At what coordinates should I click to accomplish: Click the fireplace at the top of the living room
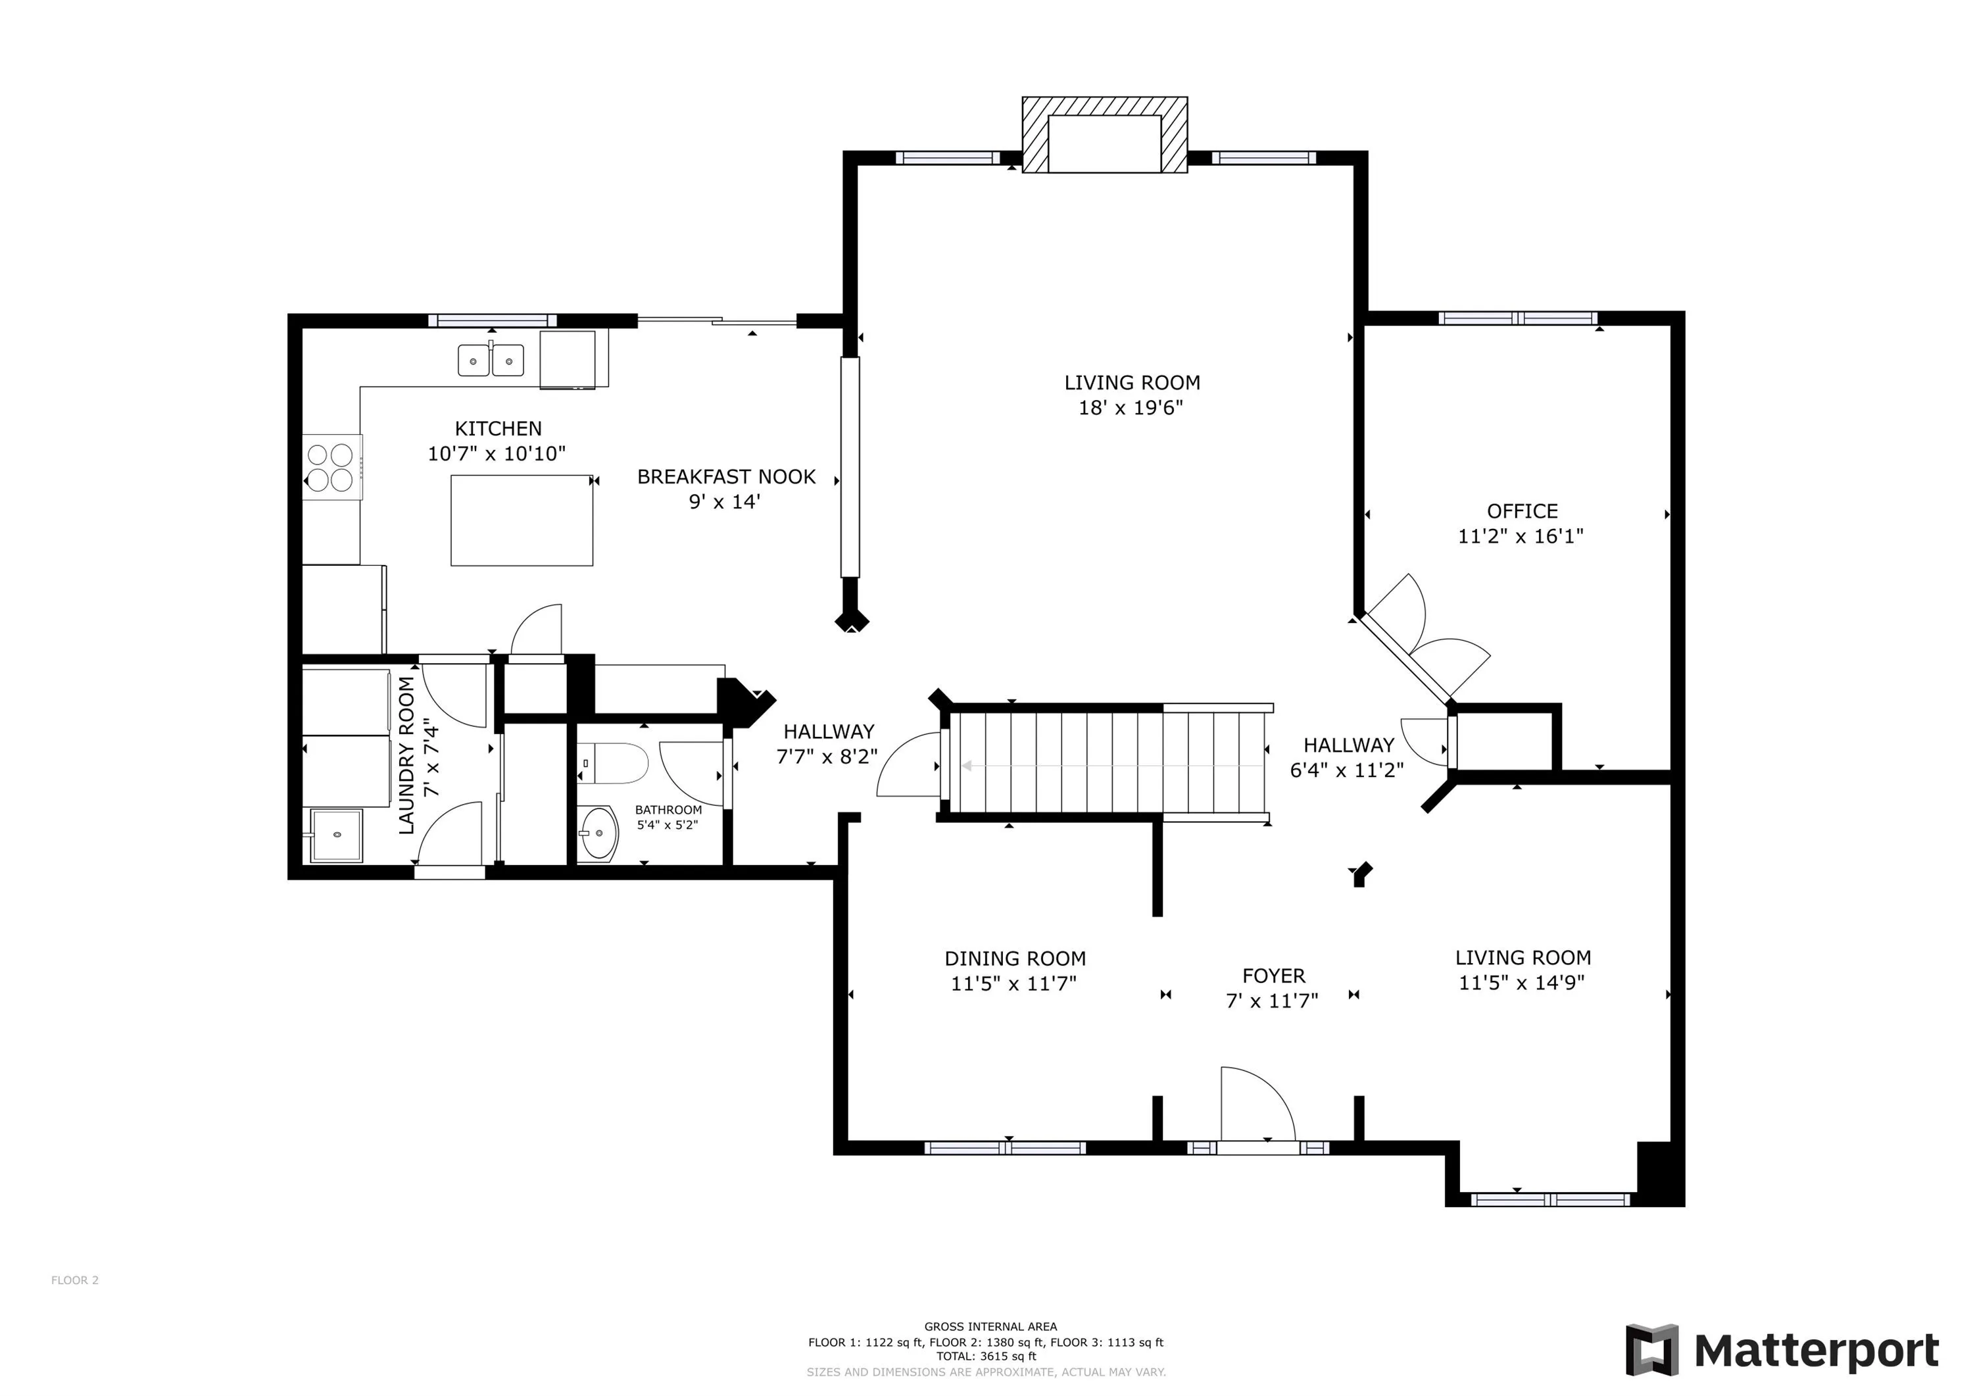pyautogui.click(x=1104, y=135)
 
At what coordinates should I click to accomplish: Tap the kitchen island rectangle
pyautogui.click(x=522, y=520)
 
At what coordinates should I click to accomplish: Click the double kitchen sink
pyautogui.click(x=491, y=359)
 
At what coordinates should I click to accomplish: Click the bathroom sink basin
pyautogui.click(x=597, y=832)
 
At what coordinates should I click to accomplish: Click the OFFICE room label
pyautogui.click(x=1522, y=511)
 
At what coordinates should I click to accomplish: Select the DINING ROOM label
pyautogui.click(x=1015, y=959)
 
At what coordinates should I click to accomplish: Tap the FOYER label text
pyautogui.click(x=1273, y=976)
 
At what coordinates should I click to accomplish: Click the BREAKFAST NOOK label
pyautogui.click(x=726, y=477)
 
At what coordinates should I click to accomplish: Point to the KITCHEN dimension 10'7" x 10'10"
pyautogui.click(x=497, y=453)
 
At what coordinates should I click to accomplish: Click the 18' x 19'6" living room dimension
pyautogui.click(x=1131, y=407)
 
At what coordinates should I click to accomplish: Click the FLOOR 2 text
pyautogui.click(x=75, y=1280)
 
